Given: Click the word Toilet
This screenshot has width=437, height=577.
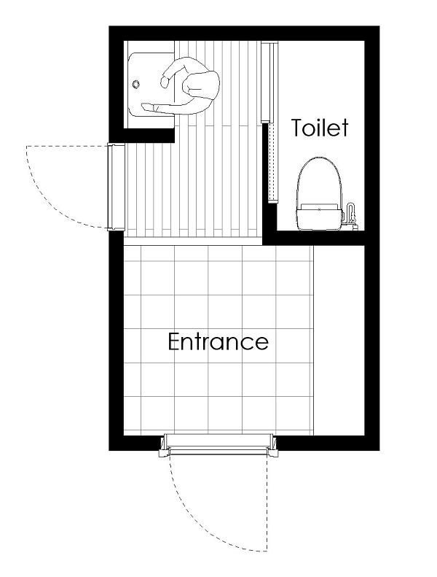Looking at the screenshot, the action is [320, 128].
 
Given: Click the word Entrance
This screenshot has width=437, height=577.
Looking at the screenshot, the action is [219, 341].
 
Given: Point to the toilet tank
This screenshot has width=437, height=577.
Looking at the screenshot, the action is [319, 217].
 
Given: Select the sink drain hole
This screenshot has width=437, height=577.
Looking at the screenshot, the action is [136, 85].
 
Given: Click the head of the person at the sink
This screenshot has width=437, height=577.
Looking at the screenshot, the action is [201, 85].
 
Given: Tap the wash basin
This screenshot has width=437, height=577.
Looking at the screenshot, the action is [151, 85].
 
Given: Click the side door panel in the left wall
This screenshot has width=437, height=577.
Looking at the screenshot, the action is [116, 187].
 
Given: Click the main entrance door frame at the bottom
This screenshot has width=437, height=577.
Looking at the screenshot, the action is [219, 445].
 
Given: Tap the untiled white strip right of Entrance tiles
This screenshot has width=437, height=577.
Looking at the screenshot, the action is [339, 341].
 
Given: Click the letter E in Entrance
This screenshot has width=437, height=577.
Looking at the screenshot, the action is [174, 341].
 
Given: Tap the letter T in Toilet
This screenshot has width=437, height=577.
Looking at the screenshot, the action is [298, 128].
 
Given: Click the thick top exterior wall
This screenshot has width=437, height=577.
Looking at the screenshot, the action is [244, 33].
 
